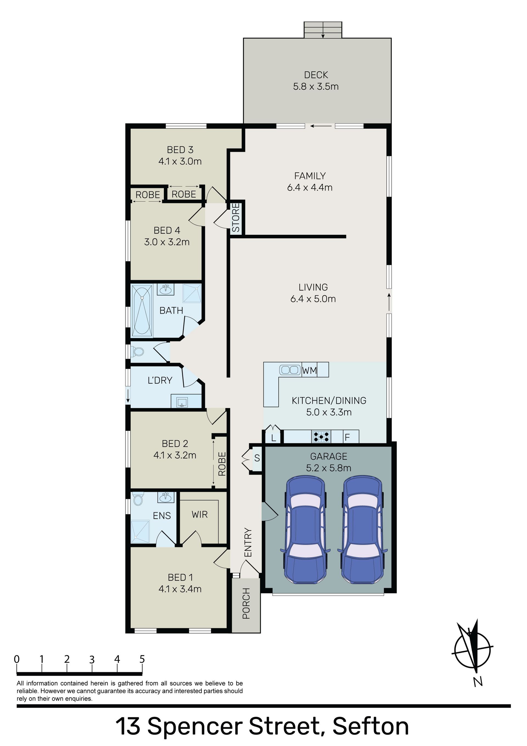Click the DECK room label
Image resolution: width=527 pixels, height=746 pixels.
[316, 75]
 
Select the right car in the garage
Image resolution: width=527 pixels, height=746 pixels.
[362, 529]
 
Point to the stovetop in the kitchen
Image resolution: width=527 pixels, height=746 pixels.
[321, 436]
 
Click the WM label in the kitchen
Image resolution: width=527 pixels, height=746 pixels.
[309, 370]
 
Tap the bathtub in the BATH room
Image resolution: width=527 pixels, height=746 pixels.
[142, 311]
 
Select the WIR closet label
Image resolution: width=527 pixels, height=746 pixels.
[200, 514]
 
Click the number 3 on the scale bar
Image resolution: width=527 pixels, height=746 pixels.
[92, 660]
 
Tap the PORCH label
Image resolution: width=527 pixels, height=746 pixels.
[246, 603]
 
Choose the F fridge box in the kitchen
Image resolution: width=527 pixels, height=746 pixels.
[347, 437]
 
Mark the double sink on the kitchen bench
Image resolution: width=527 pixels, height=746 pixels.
[290, 370]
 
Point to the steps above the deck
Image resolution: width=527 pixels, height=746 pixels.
[323, 30]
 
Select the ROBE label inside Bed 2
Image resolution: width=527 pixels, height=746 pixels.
[222, 464]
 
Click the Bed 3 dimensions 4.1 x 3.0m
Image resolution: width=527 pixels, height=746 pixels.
[180, 161]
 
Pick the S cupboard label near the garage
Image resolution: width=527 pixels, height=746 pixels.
[257, 458]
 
